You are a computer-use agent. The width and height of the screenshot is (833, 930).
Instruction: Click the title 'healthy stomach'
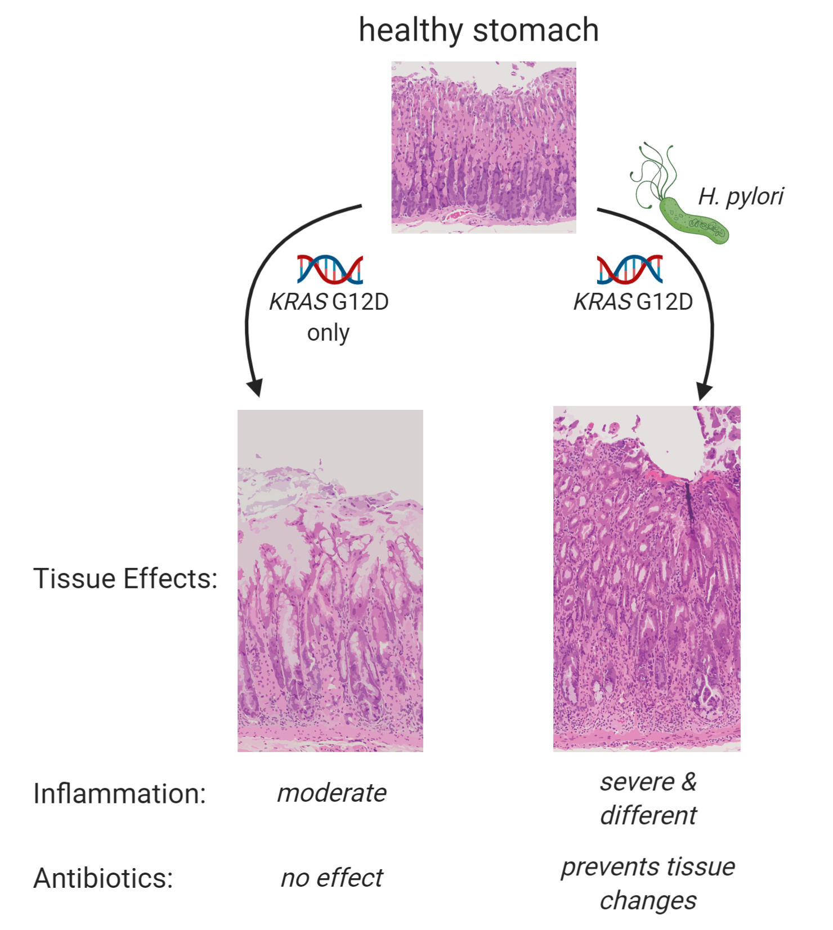tap(478, 30)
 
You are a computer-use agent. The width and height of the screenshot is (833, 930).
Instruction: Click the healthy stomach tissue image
tap(483, 147)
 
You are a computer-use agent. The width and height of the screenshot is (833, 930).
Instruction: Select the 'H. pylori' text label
tap(740, 196)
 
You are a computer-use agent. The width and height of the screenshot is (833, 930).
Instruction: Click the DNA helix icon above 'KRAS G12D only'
tap(330, 269)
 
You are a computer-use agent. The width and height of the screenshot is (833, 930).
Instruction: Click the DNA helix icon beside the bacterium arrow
tap(629, 269)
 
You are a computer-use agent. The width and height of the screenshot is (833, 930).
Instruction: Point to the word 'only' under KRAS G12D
tap(328, 333)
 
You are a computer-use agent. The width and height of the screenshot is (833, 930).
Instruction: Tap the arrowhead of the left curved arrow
tap(256, 388)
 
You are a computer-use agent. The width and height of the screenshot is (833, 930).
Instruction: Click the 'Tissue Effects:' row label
tap(125, 578)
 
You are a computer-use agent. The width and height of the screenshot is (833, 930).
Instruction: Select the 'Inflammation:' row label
tap(119, 793)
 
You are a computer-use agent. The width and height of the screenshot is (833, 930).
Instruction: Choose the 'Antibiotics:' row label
tap(103, 878)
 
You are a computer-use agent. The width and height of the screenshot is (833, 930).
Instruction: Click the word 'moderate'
tap(332, 793)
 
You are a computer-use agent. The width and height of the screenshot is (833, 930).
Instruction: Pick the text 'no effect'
tap(332, 878)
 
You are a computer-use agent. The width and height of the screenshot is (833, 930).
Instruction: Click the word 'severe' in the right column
tap(637, 782)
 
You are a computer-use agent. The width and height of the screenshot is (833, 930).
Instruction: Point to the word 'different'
tap(648, 815)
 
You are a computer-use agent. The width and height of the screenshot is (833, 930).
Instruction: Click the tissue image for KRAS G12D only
tap(330, 580)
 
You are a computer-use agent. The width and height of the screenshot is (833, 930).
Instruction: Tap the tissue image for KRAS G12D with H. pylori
tap(647, 578)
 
